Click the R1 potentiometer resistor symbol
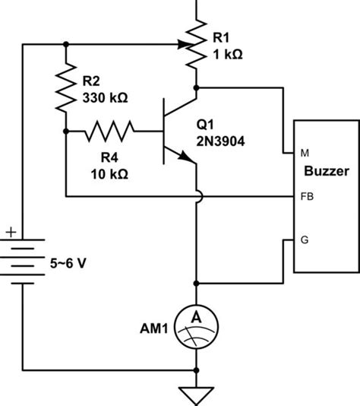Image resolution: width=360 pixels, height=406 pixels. pos(197,44)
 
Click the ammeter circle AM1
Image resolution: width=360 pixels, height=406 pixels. pos(197,328)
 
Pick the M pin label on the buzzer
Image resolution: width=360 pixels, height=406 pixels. pos(305,153)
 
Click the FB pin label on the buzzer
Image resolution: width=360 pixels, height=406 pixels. pos(306,197)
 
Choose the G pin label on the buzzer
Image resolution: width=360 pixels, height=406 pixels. pos(305,240)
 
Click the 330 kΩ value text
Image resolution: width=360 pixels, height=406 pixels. pos(105,98)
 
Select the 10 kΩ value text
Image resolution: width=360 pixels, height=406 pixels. pos(108,173)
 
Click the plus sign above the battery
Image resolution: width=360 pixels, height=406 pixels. pos(11,231)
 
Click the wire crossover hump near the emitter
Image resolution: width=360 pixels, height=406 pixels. pos(197,197)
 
